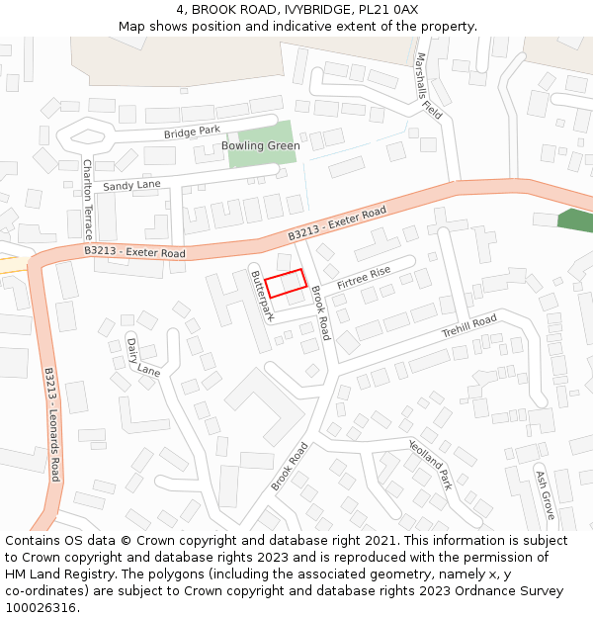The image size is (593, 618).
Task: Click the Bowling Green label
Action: (260, 146)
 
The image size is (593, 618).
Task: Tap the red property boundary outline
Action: (285, 284)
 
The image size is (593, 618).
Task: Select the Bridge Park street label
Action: (192, 132)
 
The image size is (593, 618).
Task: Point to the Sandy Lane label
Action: (131, 185)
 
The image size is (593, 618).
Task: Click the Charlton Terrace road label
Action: (87, 200)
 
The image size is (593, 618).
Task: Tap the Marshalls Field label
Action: (429, 86)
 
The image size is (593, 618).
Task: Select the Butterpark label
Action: (261, 295)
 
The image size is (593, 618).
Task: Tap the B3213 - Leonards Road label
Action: (53, 424)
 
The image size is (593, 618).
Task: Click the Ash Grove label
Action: (544, 494)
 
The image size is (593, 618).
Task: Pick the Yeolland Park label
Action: (431, 465)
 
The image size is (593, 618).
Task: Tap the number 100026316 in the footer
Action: (40, 608)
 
